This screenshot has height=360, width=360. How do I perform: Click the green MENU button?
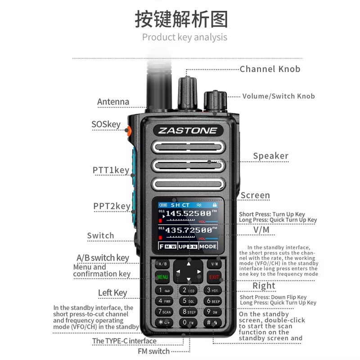point(162,277)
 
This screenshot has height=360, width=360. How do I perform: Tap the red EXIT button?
point(214,277)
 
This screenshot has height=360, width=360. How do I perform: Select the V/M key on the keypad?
point(214,264)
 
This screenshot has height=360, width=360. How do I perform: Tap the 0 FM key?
point(188,323)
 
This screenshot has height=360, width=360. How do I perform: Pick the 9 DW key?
point(213,311)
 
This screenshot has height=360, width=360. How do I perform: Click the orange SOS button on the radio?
point(128,131)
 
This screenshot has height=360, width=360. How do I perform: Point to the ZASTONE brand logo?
point(188,131)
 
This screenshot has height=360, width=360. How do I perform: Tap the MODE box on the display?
point(208,247)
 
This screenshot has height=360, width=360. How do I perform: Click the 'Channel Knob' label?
point(270,69)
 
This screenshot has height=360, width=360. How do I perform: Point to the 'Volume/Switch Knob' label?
point(279,96)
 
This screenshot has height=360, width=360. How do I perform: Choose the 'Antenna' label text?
point(113,102)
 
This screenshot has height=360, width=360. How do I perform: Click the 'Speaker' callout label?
point(270,156)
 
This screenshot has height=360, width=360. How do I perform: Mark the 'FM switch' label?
point(153,351)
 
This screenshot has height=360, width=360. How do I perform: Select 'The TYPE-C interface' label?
point(124,341)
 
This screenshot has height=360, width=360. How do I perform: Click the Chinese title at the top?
point(181,19)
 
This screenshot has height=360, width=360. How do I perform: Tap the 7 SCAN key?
point(163,311)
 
